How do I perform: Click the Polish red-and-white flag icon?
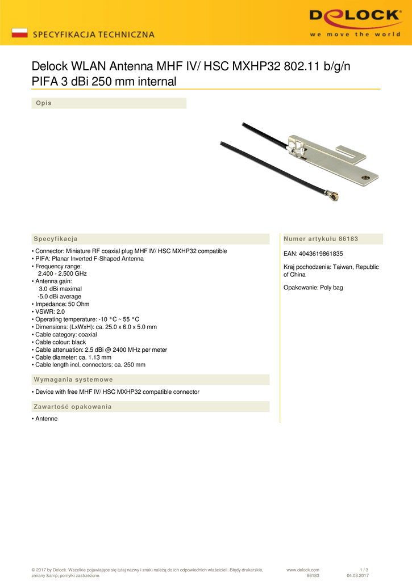[x=20, y=33]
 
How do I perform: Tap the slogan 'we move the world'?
[x=355, y=34]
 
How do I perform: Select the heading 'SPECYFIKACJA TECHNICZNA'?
[x=94, y=34]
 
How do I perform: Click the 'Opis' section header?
[x=44, y=103]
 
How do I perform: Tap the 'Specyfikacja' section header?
[x=56, y=239]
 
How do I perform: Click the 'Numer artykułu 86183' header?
[x=321, y=239]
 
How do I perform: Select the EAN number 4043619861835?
[x=313, y=254]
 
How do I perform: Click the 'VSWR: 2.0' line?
[x=50, y=311]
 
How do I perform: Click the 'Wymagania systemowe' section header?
[x=73, y=380]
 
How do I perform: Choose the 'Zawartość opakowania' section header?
[x=73, y=407]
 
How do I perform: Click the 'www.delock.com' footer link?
[x=303, y=570]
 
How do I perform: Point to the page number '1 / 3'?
[x=364, y=570]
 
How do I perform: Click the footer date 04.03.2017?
[x=357, y=576]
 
